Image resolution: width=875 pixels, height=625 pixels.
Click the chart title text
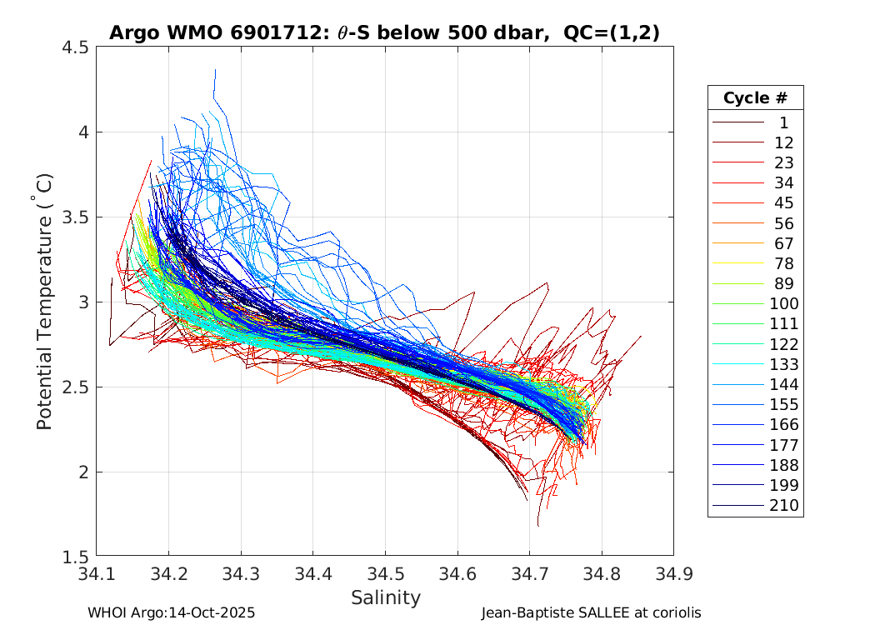pyautogui.click(x=384, y=33)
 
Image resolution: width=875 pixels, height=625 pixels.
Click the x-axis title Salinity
pyautogui.click(x=385, y=597)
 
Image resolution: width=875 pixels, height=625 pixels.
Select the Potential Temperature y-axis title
pyautogui.click(x=45, y=302)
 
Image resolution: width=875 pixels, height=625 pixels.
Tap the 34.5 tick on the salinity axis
pyautogui.click(x=384, y=574)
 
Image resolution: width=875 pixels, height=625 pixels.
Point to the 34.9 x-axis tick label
pyautogui.click(x=672, y=574)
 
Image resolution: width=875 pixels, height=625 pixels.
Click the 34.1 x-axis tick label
pyautogui.click(x=97, y=574)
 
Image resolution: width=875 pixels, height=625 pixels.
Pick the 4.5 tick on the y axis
pyautogui.click(x=75, y=47)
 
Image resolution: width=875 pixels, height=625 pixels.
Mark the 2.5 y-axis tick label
pyautogui.click(x=75, y=387)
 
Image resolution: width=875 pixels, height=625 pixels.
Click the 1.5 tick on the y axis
pyautogui.click(x=75, y=557)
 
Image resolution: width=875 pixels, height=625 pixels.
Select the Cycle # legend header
pyautogui.click(x=755, y=97)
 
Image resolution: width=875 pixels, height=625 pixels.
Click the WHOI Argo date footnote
pyautogui.click(x=171, y=612)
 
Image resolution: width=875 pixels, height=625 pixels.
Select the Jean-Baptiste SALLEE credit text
pyautogui.click(x=591, y=612)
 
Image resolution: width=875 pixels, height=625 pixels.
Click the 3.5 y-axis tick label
pyautogui.click(x=75, y=217)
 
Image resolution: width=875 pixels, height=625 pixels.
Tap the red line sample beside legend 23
pyautogui.click(x=738, y=162)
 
